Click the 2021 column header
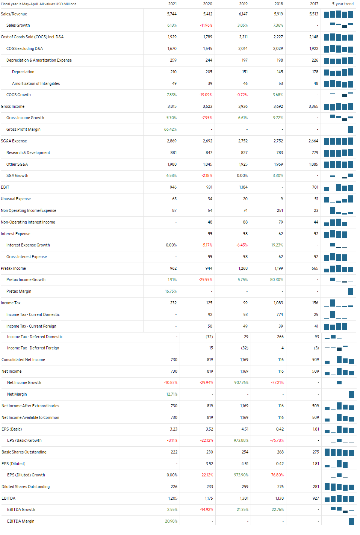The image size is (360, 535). pyautogui.click(x=172, y=4)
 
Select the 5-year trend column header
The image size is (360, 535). pyautogui.click(x=343, y=4)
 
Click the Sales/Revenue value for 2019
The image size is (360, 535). pyautogui.click(x=243, y=14)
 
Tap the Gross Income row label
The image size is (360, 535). pyautogui.click(x=12, y=106)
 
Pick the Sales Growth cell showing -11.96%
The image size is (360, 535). pyautogui.click(x=206, y=25)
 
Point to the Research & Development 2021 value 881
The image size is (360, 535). pyautogui.click(x=173, y=153)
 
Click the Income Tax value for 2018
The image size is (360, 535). pyautogui.click(x=278, y=303)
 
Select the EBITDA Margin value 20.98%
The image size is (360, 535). pyautogui.click(x=171, y=521)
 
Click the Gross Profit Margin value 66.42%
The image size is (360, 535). pyautogui.click(x=170, y=129)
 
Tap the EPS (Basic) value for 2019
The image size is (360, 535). pyautogui.click(x=245, y=429)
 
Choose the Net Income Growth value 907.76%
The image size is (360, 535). pyautogui.click(x=241, y=382)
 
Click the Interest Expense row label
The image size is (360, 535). pyautogui.click(x=15, y=234)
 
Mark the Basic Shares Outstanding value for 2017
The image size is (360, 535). pyautogui.click(x=316, y=452)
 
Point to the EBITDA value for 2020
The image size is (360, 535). pyautogui.click(x=209, y=498)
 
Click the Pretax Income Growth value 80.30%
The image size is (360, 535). pyautogui.click(x=277, y=280)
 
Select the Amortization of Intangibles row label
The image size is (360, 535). pyautogui.click(x=36, y=83)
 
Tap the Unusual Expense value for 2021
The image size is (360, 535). pyautogui.click(x=174, y=199)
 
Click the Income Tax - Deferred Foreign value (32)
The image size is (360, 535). pyautogui.click(x=244, y=348)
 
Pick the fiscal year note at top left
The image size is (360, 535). pyautogui.click(x=39, y=4)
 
